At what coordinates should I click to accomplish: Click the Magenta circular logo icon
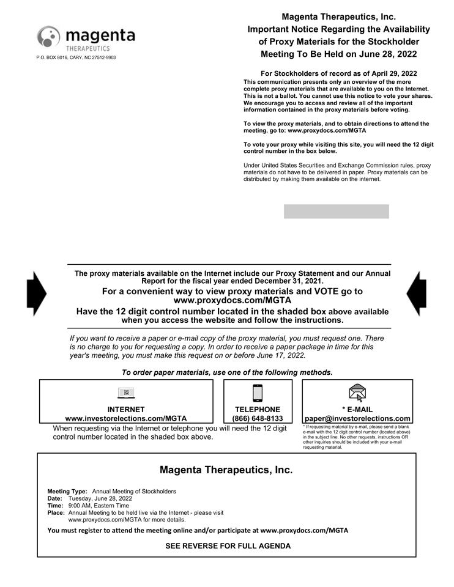(x=49, y=37)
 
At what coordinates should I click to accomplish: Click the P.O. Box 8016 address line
(x=76, y=57)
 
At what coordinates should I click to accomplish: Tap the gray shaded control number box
(x=336, y=212)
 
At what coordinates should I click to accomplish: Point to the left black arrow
(x=37, y=293)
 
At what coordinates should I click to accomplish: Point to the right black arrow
(x=417, y=293)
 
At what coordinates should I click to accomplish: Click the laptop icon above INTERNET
(x=126, y=393)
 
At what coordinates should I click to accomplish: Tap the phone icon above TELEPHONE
(x=258, y=393)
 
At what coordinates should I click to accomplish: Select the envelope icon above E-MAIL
(x=357, y=393)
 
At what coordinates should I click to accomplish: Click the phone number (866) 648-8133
(x=258, y=419)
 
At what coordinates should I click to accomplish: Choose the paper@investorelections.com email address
(x=357, y=419)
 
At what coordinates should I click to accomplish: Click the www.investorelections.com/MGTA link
(x=126, y=419)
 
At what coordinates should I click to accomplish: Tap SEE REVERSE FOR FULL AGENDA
(x=228, y=545)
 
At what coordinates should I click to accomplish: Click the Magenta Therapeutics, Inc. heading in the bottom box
(x=226, y=470)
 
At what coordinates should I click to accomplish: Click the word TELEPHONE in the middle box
(x=258, y=410)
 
